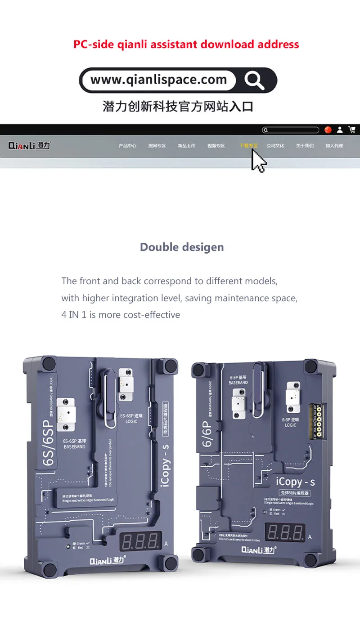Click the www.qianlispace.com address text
(158, 80)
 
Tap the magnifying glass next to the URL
(254, 80)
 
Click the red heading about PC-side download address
(186, 44)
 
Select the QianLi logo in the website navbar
(30, 146)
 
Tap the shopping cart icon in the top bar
(352, 129)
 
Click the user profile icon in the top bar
(340, 129)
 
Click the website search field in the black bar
(291, 130)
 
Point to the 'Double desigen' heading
(182, 247)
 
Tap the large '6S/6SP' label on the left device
(48, 442)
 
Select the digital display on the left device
(140, 541)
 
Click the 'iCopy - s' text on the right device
(295, 482)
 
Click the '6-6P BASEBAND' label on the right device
(238, 380)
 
